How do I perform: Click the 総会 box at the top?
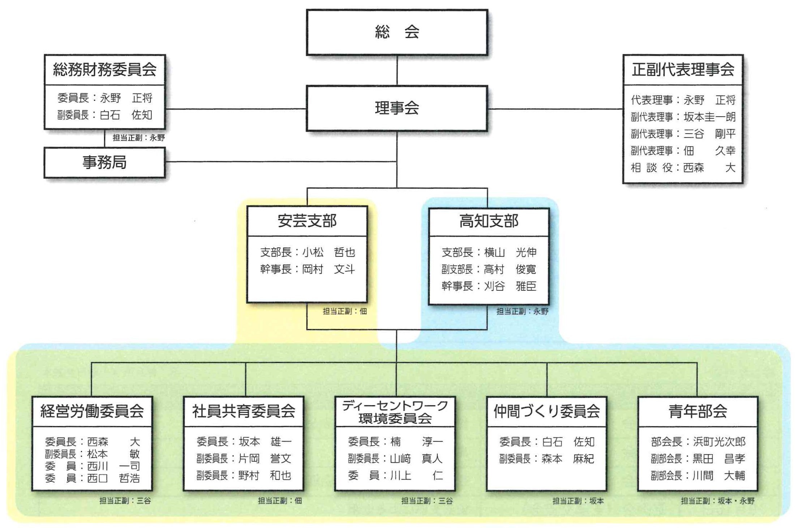click(x=397, y=32)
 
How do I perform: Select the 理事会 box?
click(x=397, y=108)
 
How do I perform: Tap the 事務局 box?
click(x=104, y=163)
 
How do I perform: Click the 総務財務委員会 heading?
click(x=104, y=69)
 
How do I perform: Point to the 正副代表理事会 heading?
click(x=683, y=69)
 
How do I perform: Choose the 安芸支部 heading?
click(x=307, y=221)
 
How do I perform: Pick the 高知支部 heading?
click(x=489, y=221)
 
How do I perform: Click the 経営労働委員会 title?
click(x=92, y=411)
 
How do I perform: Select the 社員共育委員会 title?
click(x=244, y=411)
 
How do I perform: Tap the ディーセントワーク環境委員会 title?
click(x=395, y=412)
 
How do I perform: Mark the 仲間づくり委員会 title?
click(x=546, y=411)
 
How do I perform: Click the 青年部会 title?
click(x=698, y=411)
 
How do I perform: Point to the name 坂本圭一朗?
click(x=709, y=117)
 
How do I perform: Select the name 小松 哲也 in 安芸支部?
click(x=329, y=252)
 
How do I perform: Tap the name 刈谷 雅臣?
click(x=510, y=286)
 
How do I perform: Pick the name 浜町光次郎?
click(x=719, y=442)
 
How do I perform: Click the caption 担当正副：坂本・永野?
click(x=717, y=501)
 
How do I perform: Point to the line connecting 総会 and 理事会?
click(x=397, y=70)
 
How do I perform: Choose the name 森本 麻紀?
click(x=567, y=459)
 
